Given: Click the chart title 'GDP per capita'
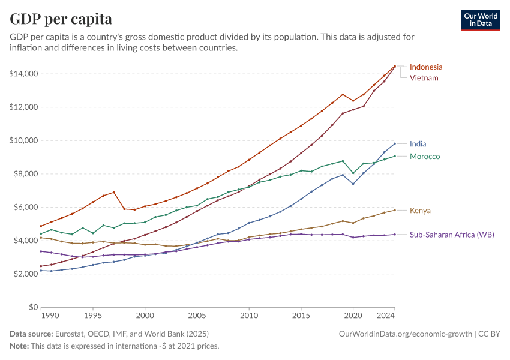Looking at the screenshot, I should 61,19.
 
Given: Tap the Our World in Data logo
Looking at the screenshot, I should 482,20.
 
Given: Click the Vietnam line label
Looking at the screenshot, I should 424,78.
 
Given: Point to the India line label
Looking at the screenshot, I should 418,144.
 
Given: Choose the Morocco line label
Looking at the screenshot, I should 425,157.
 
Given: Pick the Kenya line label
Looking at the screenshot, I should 420,211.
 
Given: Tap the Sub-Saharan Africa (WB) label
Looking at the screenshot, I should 452,235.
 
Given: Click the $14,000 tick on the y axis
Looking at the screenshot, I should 24,74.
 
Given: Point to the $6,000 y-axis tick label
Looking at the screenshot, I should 26,208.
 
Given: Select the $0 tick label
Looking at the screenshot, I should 33,307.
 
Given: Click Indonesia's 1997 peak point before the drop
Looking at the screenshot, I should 113,193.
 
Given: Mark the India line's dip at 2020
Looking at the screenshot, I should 353,184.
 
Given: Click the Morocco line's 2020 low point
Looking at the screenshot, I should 353,173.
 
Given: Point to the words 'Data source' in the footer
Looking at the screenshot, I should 31,334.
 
